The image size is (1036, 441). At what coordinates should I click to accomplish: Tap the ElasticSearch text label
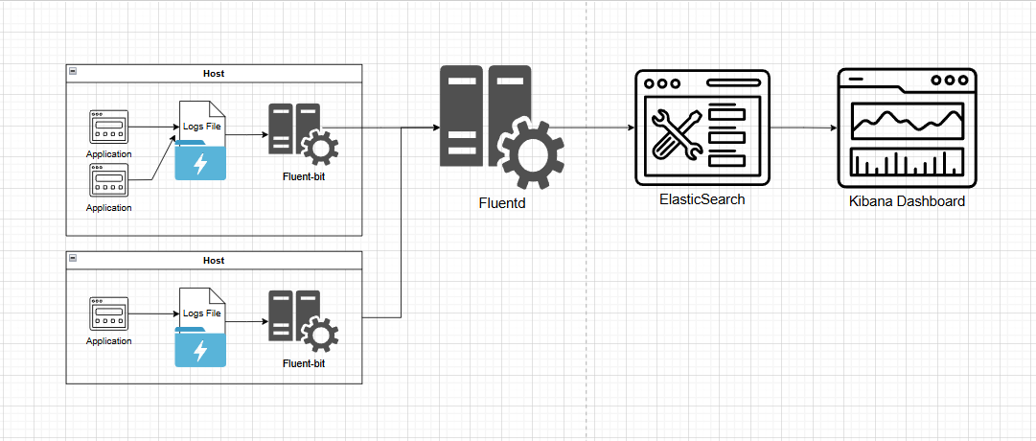[x=702, y=199]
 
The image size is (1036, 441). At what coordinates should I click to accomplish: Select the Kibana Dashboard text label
[x=907, y=201]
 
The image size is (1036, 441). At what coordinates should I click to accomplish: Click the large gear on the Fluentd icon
[x=531, y=154]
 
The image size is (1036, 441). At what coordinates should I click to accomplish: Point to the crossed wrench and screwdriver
[x=677, y=135]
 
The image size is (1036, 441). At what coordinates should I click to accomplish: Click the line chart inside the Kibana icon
[x=908, y=120]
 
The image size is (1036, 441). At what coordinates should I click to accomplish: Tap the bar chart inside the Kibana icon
[x=908, y=163]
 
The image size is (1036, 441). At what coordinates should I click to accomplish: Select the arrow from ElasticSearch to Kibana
[x=803, y=128]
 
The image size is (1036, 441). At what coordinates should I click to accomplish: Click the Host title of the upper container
[x=214, y=74]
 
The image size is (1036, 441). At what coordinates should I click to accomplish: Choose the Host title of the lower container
[x=214, y=261]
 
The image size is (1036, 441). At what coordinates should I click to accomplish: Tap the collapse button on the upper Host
[x=73, y=71]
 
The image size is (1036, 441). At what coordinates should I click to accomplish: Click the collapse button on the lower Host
[x=73, y=258]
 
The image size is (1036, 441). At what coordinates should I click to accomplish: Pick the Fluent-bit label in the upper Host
[x=304, y=176]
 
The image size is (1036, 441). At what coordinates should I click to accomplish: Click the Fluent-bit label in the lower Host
[x=304, y=363]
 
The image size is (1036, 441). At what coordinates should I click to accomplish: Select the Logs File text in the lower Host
[x=201, y=313]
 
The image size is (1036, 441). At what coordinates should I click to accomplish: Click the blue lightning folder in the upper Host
[x=199, y=161]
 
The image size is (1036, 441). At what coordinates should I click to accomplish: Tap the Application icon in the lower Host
[x=109, y=313]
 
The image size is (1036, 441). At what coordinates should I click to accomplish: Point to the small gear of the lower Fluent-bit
[x=320, y=335]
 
